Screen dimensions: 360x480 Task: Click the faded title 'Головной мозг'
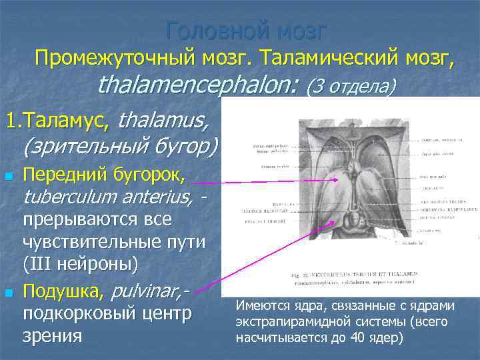tap(247, 30)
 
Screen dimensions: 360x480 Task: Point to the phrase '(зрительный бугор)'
tap(121, 145)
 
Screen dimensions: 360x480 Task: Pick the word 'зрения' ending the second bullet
tap(53, 335)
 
